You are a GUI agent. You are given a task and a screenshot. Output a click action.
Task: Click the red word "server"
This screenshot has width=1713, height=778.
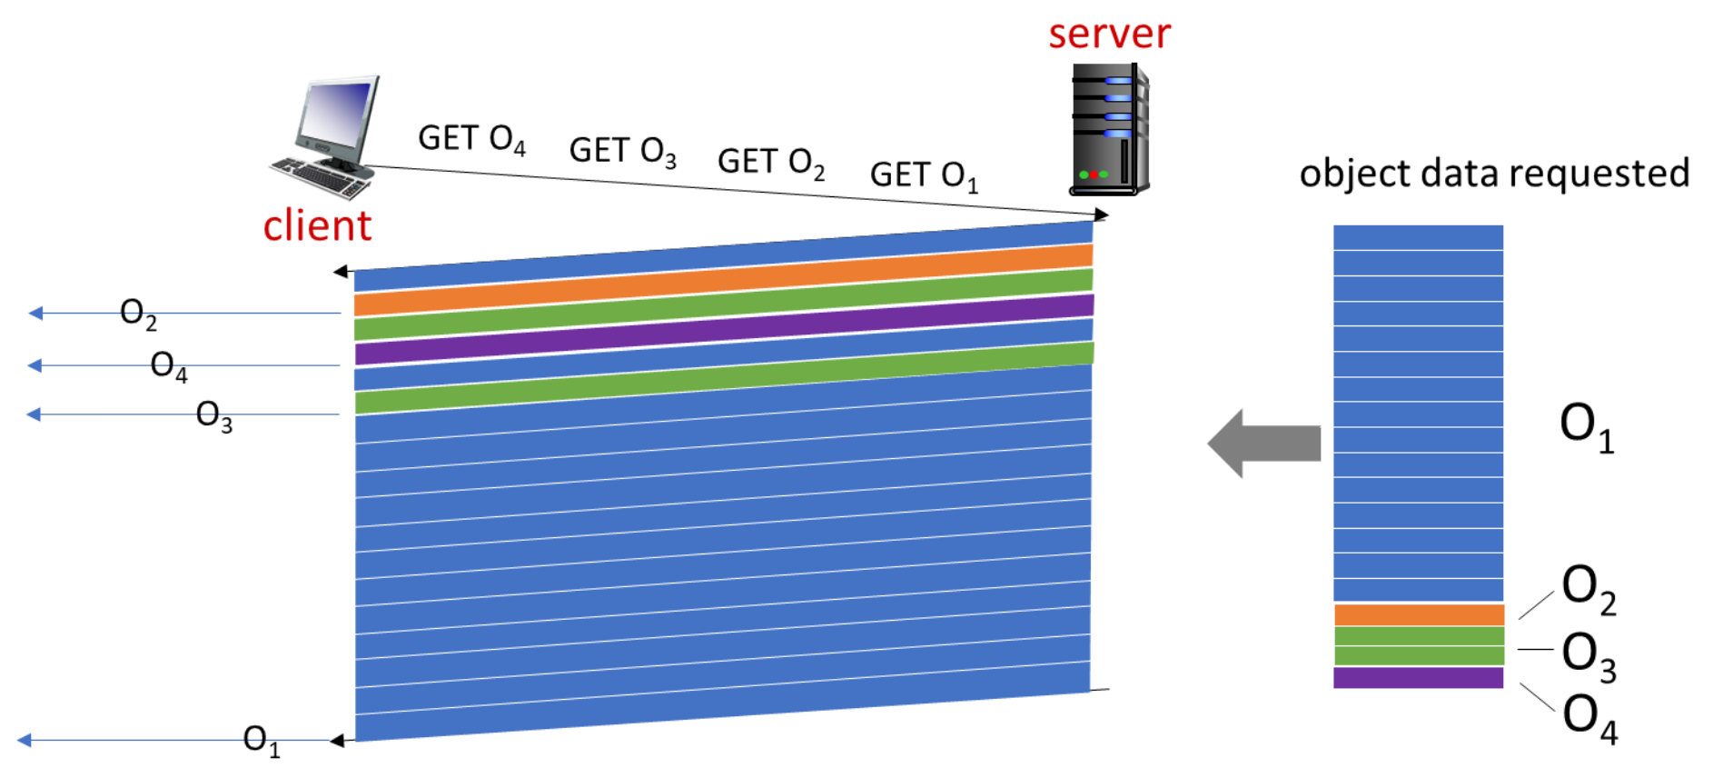click(1109, 35)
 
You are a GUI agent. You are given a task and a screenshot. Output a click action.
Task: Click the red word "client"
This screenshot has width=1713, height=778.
click(317, 225)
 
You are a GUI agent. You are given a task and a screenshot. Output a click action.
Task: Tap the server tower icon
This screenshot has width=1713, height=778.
click(1109, 128)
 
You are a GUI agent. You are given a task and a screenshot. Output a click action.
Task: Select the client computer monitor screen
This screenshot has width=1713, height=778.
click(338, 114)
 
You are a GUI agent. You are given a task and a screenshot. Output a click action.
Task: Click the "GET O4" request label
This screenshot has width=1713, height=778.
click(471, 139)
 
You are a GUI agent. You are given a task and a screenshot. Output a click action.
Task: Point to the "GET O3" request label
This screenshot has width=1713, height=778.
click(622, 151)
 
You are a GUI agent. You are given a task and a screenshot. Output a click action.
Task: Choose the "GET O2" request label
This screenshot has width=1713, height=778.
click(771, 163)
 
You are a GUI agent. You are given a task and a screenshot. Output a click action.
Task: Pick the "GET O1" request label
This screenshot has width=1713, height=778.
click(924, 175)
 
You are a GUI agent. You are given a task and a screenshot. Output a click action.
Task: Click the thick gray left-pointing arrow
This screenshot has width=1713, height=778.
click(1263, 444)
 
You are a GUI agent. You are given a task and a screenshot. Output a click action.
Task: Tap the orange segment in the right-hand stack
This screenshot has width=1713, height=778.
click(1418, 615)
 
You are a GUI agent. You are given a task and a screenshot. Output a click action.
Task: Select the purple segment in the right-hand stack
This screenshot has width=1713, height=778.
click(1418, 678)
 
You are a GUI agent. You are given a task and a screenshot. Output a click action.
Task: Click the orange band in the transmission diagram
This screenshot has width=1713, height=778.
click(723, 280)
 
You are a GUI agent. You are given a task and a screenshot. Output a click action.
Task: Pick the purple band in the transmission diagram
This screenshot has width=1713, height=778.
click(723, 330)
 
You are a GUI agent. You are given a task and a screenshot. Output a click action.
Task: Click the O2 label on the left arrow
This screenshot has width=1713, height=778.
click(138, 314)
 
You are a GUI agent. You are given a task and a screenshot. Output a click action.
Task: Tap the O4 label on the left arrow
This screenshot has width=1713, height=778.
click(169, 365)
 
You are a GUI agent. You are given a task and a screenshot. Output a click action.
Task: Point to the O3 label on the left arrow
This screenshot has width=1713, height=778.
click(214, 415)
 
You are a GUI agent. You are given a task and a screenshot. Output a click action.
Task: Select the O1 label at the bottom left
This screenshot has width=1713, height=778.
click(262, 740)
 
